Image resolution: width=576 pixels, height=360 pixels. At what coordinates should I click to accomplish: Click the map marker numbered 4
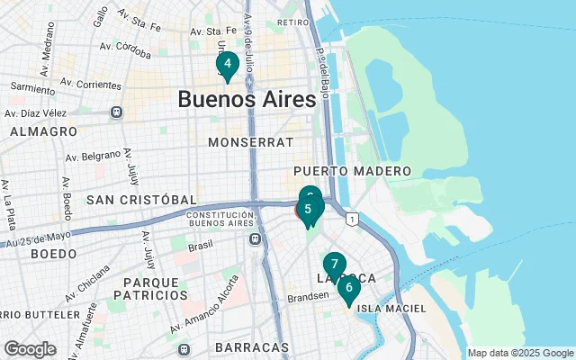pos(227,65)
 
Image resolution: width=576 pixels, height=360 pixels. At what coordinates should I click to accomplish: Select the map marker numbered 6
pos(348,289)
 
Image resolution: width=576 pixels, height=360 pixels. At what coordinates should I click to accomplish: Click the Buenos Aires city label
pos(247,99)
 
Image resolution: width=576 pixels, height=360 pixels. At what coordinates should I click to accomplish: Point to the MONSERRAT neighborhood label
pos(250,142)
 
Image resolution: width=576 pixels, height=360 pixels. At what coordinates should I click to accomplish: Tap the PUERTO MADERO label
pos(352,171)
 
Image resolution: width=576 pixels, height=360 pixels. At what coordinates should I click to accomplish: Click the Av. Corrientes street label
pos(90,84)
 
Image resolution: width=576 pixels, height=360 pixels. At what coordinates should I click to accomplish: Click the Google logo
pos(30,349)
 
